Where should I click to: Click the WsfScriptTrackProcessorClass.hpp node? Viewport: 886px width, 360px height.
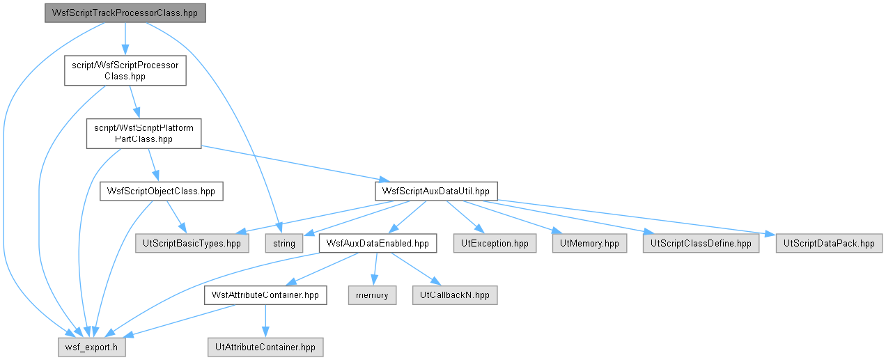[125, 13]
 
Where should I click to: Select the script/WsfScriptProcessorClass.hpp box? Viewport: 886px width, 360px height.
[125, 70]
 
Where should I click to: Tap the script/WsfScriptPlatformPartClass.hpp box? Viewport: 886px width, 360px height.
[143, 134]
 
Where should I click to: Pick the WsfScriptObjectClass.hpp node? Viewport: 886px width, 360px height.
[162, 191]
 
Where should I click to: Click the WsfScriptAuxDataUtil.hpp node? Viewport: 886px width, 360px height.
[436, 191]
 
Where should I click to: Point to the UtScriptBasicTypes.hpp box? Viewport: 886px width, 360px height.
[192, 243]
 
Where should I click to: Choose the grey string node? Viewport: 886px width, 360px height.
[284, 243]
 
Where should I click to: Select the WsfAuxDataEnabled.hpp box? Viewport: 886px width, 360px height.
[378, 243]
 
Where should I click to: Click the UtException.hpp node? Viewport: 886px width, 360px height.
[495, 243]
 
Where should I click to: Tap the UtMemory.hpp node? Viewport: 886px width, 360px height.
[589, 243]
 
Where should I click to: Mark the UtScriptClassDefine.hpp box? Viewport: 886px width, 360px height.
[701, 243]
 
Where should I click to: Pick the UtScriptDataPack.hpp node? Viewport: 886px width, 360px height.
[829, 243]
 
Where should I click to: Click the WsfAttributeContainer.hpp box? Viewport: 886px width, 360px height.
[265, 295]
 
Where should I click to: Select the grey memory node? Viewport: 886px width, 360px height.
[372, 295]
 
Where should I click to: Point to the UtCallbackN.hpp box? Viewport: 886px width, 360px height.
[455, 295]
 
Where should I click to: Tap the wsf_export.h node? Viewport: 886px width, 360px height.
[92, 347]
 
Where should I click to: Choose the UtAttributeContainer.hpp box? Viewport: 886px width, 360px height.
[265, 347]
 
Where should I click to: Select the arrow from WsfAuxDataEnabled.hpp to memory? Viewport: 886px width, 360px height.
[375, 269]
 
